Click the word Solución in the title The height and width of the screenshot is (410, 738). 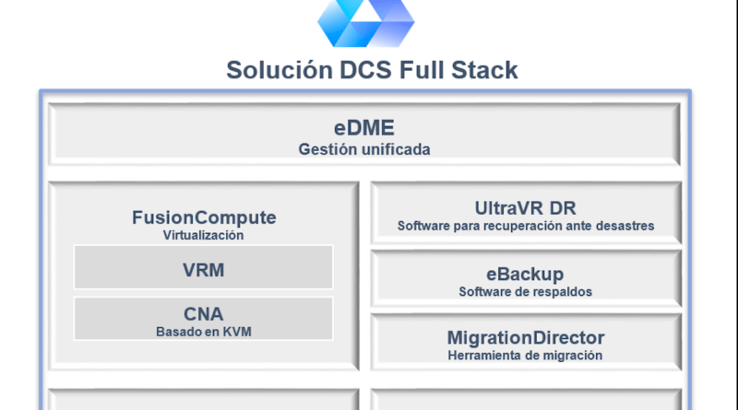click(x=280, y=70)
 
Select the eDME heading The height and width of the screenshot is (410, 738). click(x=363, y=128)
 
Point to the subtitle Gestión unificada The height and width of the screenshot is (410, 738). click(x=364, y=149)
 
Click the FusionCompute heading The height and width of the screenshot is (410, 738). click(x=204, y=217)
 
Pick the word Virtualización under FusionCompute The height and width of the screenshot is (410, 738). click(x=203, y=235)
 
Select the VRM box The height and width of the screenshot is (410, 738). click(x=203, y=267)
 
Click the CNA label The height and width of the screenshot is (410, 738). click(x=203, y=314)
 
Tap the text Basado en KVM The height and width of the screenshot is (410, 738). click(x=204, y=332)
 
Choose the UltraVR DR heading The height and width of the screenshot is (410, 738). click(x=525, y=208)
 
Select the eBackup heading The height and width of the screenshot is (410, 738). click(x=525, y=274)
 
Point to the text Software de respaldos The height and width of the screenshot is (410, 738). click(x=525, y=292)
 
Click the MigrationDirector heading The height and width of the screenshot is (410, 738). click(x=526, y=337)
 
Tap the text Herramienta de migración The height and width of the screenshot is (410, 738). click(x=525, y=356)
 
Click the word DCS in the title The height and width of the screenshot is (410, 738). click(x=365, y=70)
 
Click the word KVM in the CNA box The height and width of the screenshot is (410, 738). click(x=237, y=332)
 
